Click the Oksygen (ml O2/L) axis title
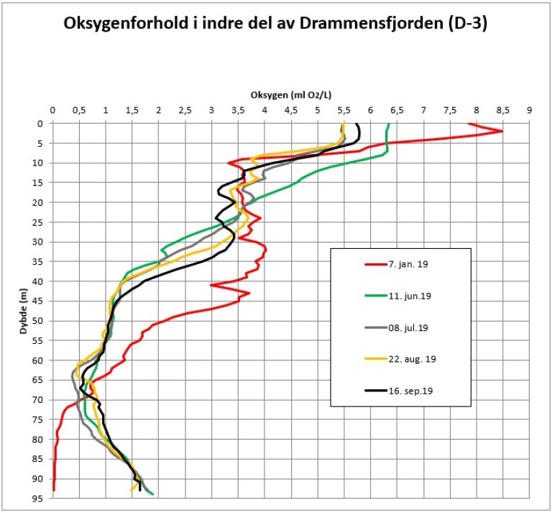coord(295,95)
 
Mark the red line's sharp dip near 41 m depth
coord(211,286)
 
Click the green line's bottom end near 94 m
coord(152,494)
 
